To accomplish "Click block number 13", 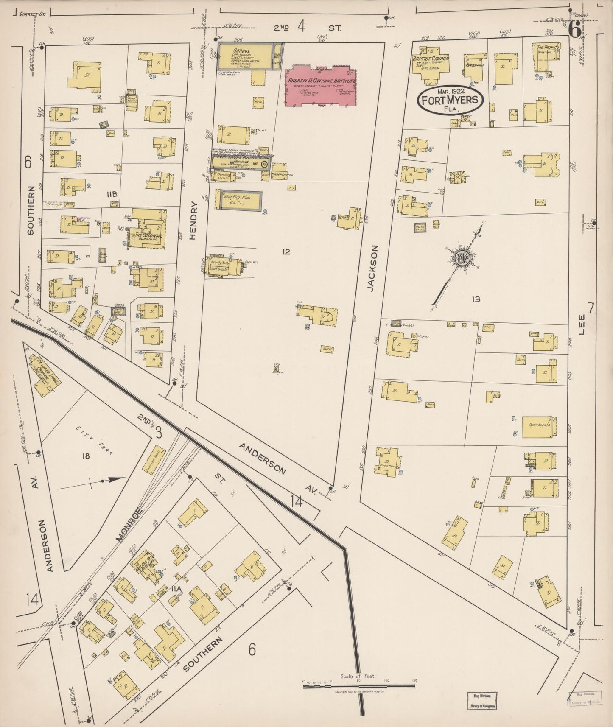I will click(x=476, y=299).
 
